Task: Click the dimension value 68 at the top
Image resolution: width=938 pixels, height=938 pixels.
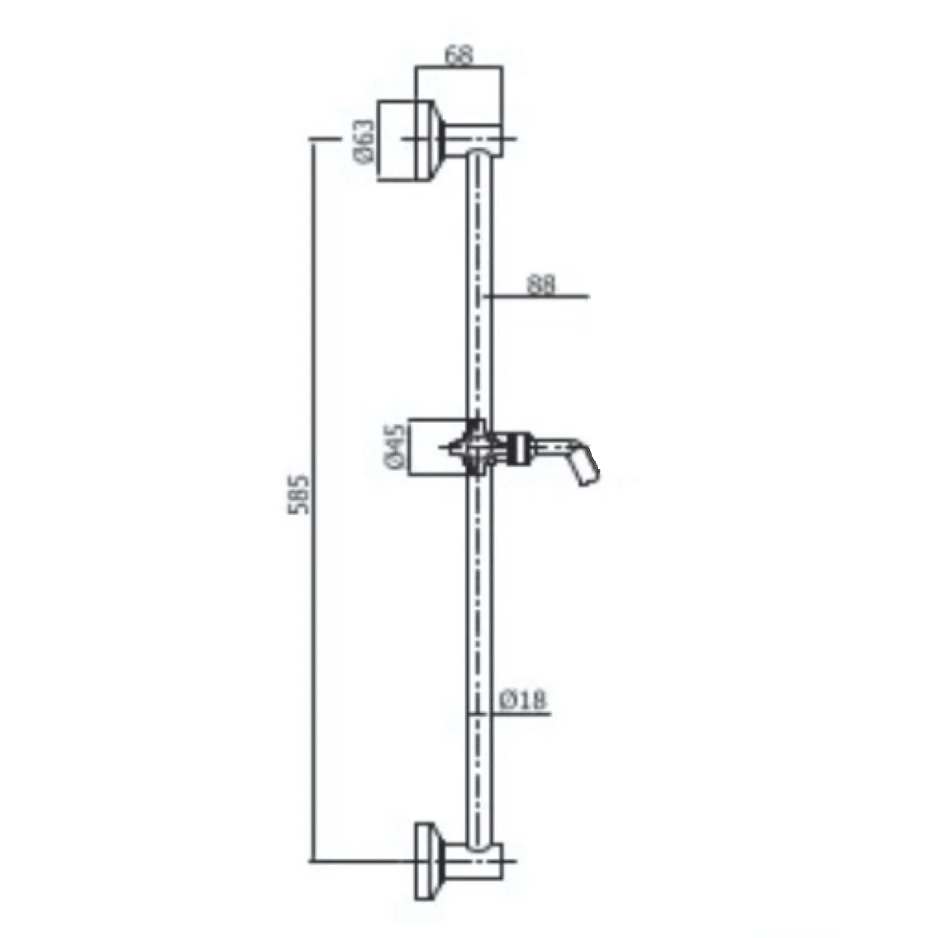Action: (459, 55)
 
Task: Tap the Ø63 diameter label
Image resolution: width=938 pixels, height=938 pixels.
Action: (365, 141)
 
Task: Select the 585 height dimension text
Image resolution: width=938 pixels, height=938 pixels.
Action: (298, 495)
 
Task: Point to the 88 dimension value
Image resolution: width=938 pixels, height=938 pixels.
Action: (541, 285)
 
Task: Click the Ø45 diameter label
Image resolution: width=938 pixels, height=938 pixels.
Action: (396, 446)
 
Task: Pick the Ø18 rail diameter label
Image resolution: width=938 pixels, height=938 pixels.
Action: (523, 700)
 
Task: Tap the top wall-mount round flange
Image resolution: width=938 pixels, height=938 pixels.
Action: (406, 141)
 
